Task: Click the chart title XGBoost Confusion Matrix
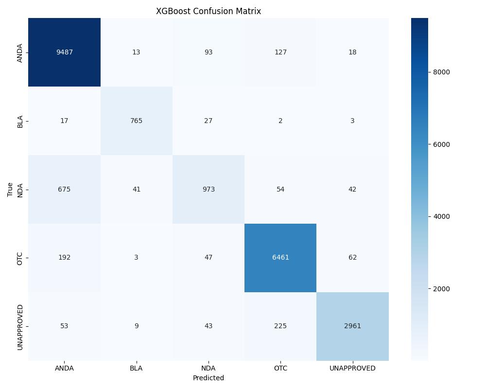pos(208,11)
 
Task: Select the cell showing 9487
pos(64,52)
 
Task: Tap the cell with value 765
pos(136,121)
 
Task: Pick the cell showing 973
pos(208,189)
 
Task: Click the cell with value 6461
pos(280,258)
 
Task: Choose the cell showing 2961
pos(352,326)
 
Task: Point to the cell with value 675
pos(64,189)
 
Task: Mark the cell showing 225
pos(280,326)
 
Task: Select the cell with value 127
pos(280,52)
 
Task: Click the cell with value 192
pos(64,258)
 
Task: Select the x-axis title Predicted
pos(208,378)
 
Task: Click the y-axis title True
pos(10,189)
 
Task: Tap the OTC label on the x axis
pos(280,368)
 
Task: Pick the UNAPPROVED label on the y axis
pos(20,326)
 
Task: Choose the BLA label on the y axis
pos(20,121)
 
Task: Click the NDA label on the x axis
pos(208,368)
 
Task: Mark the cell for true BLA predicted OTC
pos(280,121)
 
